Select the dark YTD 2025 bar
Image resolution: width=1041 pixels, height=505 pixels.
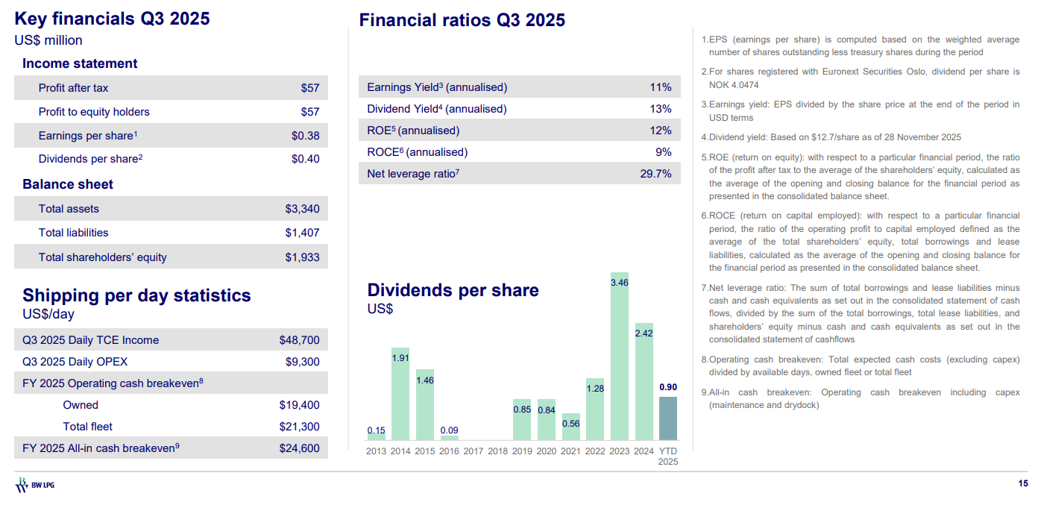pyautogui.click(x=667, y=418)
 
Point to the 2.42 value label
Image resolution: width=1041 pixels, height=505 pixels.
pyautogui.click(x=644, y=333)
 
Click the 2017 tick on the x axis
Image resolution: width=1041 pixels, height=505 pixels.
pyautogui.click(x=473, y=451)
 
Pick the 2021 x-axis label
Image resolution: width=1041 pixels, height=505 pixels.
pyautogui.click(x=570, y=451)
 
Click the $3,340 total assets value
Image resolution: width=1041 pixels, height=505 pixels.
pyautogui.click(x=302, y=209)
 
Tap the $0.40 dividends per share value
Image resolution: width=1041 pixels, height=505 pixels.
pyautogui.click(x=305, y=159)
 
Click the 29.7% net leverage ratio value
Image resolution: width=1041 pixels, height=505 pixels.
pyautogui.click(x=655, y=174)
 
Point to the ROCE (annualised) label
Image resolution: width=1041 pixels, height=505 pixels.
pyautogui.click(x=417, y=152)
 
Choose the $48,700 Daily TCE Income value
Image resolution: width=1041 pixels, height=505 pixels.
pyautogui.click(x=299, y=340)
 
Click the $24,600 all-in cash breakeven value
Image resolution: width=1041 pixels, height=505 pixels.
pyautogui.click(x=299, y=448)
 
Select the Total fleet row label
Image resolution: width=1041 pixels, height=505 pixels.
pyautogui.click(x=87, y=427)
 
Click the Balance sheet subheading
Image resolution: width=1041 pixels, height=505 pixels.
pyautogui.click(x=68, y=184)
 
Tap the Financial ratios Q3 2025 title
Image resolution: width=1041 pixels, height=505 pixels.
pyautogui.click(x=462, y=20)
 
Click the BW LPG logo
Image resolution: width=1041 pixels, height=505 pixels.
pyautogui.click(x=34, y=486)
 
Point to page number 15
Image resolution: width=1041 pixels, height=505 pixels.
pyautogui.click(x=1022, y=484)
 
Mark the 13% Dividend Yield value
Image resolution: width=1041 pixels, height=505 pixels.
pyautogui.click(x=661, y=109)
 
